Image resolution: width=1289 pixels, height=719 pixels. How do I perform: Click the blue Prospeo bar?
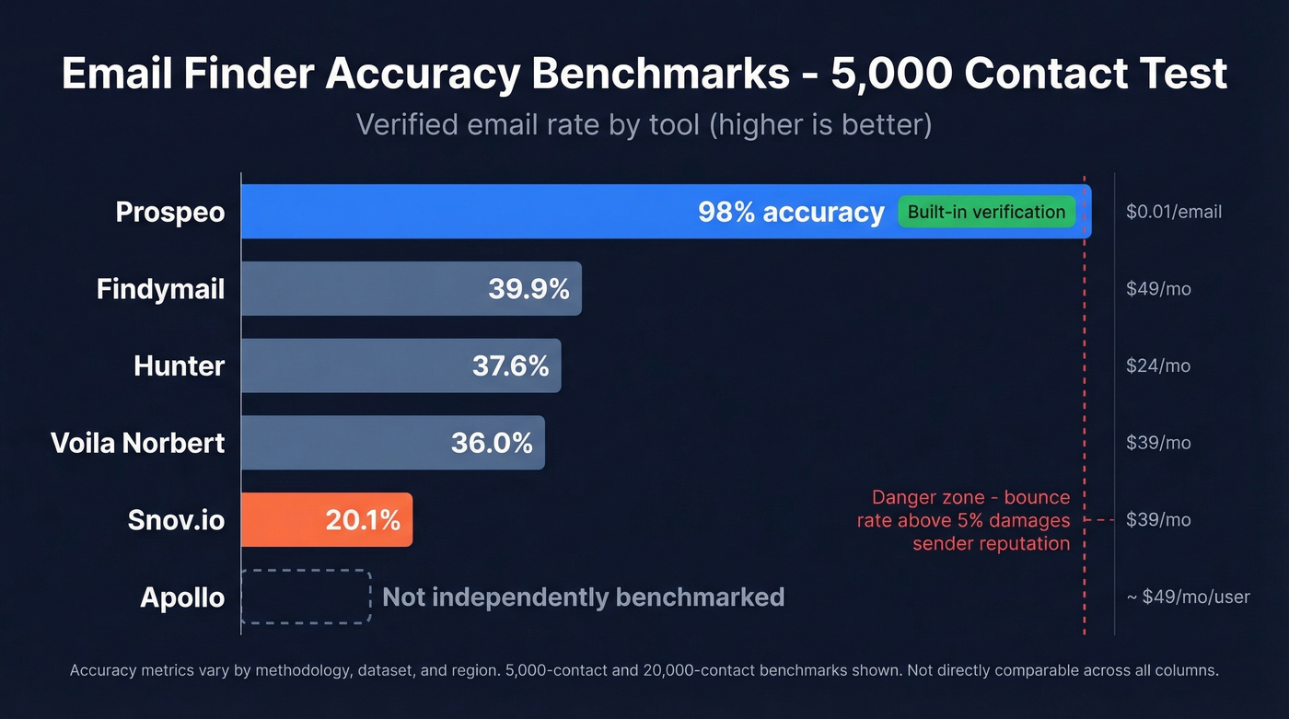[x=460, y=212]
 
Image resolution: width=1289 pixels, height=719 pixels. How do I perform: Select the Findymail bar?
[x=368, y=289]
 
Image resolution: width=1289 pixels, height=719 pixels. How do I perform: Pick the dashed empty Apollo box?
[x=306, y=597]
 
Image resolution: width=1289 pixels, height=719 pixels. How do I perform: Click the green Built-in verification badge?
[x=986, y=212]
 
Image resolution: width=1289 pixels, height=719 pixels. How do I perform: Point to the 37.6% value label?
[x=510, y=365]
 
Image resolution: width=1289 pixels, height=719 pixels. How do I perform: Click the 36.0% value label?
[x=492, y=443]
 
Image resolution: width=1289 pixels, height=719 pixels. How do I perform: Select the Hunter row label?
[x=179, y=365]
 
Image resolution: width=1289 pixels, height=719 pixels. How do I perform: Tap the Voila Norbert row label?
[x=138, y=443]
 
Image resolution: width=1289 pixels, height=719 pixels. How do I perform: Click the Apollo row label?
[x=182, y=597]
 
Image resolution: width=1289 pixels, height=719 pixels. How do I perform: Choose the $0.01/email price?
[x=1173, y=212]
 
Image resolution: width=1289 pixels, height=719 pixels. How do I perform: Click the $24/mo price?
[x=1158, y=365]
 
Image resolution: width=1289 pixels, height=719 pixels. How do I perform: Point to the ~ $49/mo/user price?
[x=1188, y=597]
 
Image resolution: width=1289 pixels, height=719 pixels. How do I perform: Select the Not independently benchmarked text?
[x=583, y=597]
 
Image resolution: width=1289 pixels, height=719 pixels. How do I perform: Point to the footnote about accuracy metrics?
[x=644, y=670]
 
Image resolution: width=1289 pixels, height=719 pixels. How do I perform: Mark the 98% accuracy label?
[x=791, y=212]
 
